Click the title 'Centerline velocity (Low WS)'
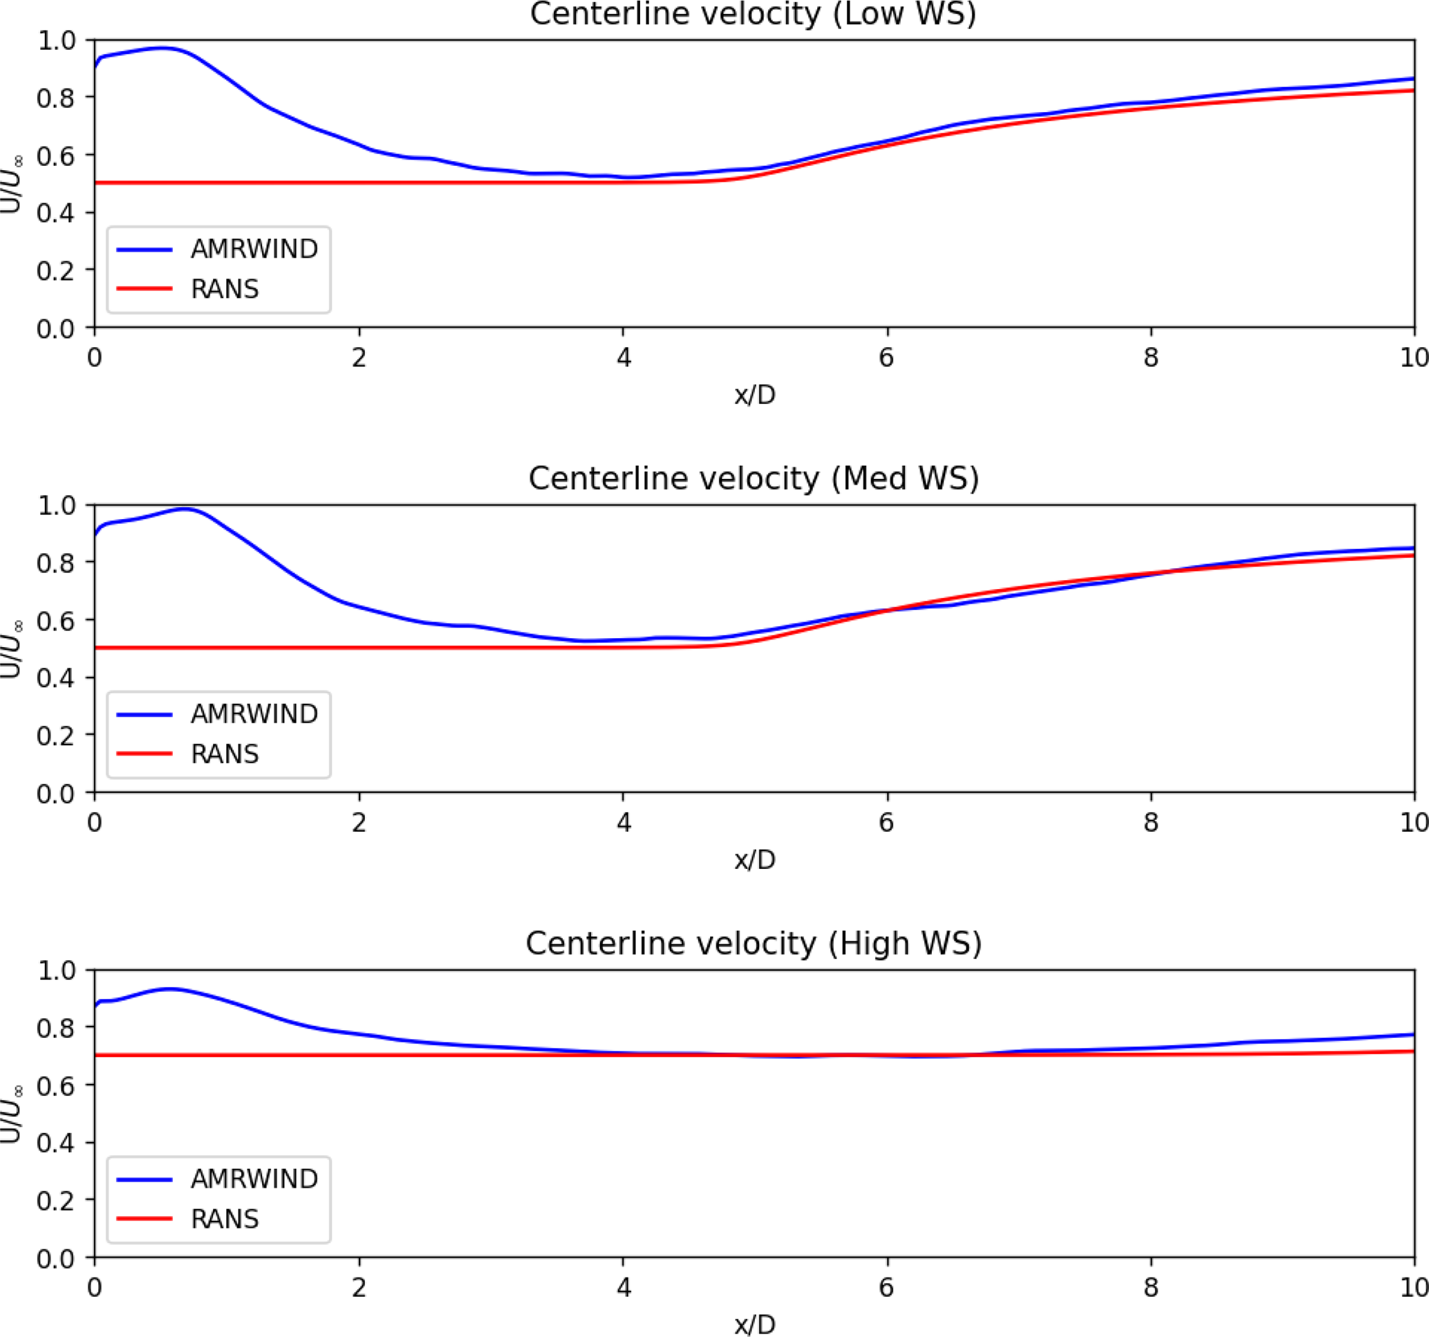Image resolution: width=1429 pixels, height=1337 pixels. (x=753, y=15)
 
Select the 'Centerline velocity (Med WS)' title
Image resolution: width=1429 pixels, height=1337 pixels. (x=754, y=478)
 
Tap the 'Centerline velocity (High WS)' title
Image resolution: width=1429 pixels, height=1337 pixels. (x=754, y=944)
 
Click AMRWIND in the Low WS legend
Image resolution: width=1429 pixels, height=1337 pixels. (x=254, y=250)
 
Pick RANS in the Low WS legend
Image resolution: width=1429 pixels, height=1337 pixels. (x=224, y=289)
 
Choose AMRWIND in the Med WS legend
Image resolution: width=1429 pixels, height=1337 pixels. (x=254, y=715)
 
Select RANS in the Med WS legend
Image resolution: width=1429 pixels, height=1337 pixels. (x=224, y=754)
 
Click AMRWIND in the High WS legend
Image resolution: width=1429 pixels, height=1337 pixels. (x=254, y=1179)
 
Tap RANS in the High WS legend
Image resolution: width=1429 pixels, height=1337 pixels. (x=224, y=1219)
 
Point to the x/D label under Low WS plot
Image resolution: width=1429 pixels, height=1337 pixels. (x=755, y=395)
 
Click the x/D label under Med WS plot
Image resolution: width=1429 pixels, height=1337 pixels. (x=755, y=860)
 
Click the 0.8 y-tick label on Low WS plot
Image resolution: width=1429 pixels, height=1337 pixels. (x=55, y=97)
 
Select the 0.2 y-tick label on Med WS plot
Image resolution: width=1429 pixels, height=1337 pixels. (x=55, y=736)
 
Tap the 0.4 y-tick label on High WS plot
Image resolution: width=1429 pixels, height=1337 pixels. (x=55, y=1143)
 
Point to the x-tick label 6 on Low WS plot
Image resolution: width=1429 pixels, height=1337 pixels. (x=886, y=357)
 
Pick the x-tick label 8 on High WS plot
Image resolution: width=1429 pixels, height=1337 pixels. (x=1151, y=1287)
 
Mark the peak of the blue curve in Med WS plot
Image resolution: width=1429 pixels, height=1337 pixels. (x=185, y=509)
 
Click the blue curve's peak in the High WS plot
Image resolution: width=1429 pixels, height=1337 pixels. (x=169, y=989)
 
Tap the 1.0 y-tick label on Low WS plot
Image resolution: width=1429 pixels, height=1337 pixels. (x=55, y=41)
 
